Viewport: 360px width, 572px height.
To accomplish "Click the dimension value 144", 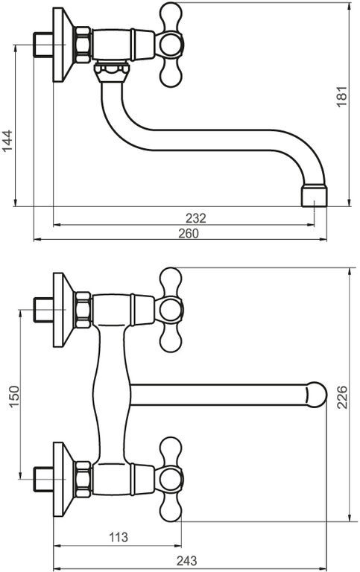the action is pos(7,141).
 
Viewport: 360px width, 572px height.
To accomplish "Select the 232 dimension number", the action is pos(196,218).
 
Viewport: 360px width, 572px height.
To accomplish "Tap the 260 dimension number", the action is pos(189,233).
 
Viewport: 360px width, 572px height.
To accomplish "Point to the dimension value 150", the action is pos(14,396).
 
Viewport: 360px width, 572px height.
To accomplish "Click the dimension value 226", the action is pos(342,397).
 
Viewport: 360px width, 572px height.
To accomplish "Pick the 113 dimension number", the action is pos(119,537).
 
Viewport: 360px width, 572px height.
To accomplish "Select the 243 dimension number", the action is pos(186,560).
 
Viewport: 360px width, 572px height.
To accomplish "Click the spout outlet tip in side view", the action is pos(314,197).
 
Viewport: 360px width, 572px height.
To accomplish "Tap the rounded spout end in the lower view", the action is pos(315,394).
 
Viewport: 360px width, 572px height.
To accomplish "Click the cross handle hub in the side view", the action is pos(170,45).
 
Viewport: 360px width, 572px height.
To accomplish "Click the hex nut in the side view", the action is pos(83,45).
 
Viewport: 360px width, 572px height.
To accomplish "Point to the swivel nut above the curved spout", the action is pos(111,71).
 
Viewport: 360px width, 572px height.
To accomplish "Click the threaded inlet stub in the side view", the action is pos(43,45).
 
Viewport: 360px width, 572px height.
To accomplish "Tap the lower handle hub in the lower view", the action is pos(170,479).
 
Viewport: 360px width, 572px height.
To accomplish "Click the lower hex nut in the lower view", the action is pos(83,480).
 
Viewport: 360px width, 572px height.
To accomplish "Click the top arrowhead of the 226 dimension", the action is pos(350,271).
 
